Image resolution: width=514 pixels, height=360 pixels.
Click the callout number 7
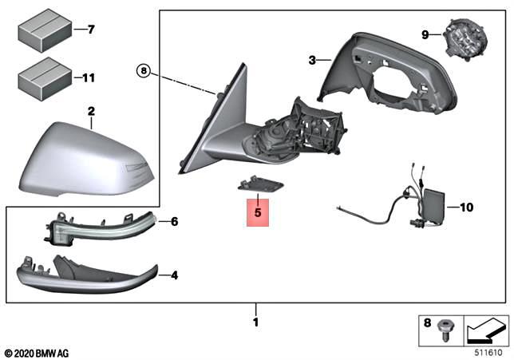(90, 30)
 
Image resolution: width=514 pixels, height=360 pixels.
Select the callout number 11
(89, 78)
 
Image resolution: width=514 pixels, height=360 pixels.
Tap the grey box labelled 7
(42, 30)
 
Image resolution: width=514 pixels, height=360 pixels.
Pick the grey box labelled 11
(42, 77)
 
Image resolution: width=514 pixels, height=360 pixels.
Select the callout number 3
(313, 59)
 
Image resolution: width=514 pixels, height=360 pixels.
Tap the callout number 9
(425, 34)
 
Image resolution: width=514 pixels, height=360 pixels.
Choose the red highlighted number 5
(258, 213)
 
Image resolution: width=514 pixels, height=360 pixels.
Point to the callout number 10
(466, 208)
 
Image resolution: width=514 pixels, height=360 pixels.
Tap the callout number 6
(173, 221)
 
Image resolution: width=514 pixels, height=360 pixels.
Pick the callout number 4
(173, 275)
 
